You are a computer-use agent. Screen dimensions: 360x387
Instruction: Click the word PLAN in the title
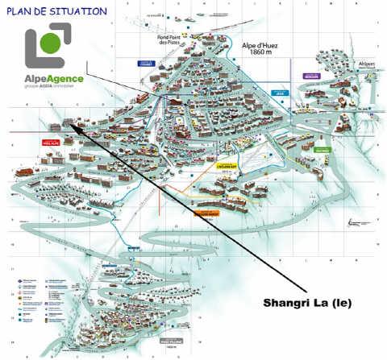(x=21, y=11)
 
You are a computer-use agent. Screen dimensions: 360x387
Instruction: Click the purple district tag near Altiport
(x=311, y=77)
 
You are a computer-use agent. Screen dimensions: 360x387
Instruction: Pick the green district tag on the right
(x=322, y=150)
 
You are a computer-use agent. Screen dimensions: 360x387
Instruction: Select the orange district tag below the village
(x=207, y=213)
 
